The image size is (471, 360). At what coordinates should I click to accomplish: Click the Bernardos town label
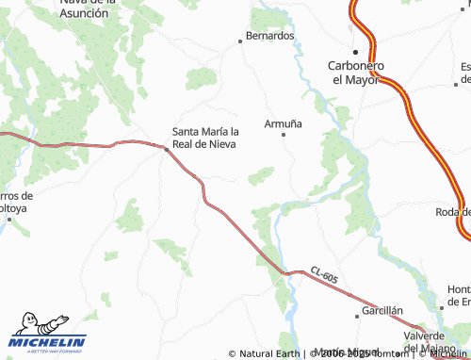[269, 36]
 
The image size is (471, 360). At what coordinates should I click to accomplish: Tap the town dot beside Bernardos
[238, 41]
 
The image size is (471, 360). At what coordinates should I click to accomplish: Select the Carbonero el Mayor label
[355, 73]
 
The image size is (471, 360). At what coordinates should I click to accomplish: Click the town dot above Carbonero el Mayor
[355, 52]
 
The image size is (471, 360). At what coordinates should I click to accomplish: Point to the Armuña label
[283, 123]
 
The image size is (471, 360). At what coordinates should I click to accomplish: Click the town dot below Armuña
[284, 135]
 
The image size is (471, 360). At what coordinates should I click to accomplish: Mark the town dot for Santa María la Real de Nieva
[166, 148]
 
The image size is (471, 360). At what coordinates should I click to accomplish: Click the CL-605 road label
[322, 275]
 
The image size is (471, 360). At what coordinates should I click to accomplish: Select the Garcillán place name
[383, 310]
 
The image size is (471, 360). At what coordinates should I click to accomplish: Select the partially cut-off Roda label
[453, 212]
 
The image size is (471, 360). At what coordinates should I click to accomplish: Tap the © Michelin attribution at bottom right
[442, 354]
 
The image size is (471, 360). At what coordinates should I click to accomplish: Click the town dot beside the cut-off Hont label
[443, 305]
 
